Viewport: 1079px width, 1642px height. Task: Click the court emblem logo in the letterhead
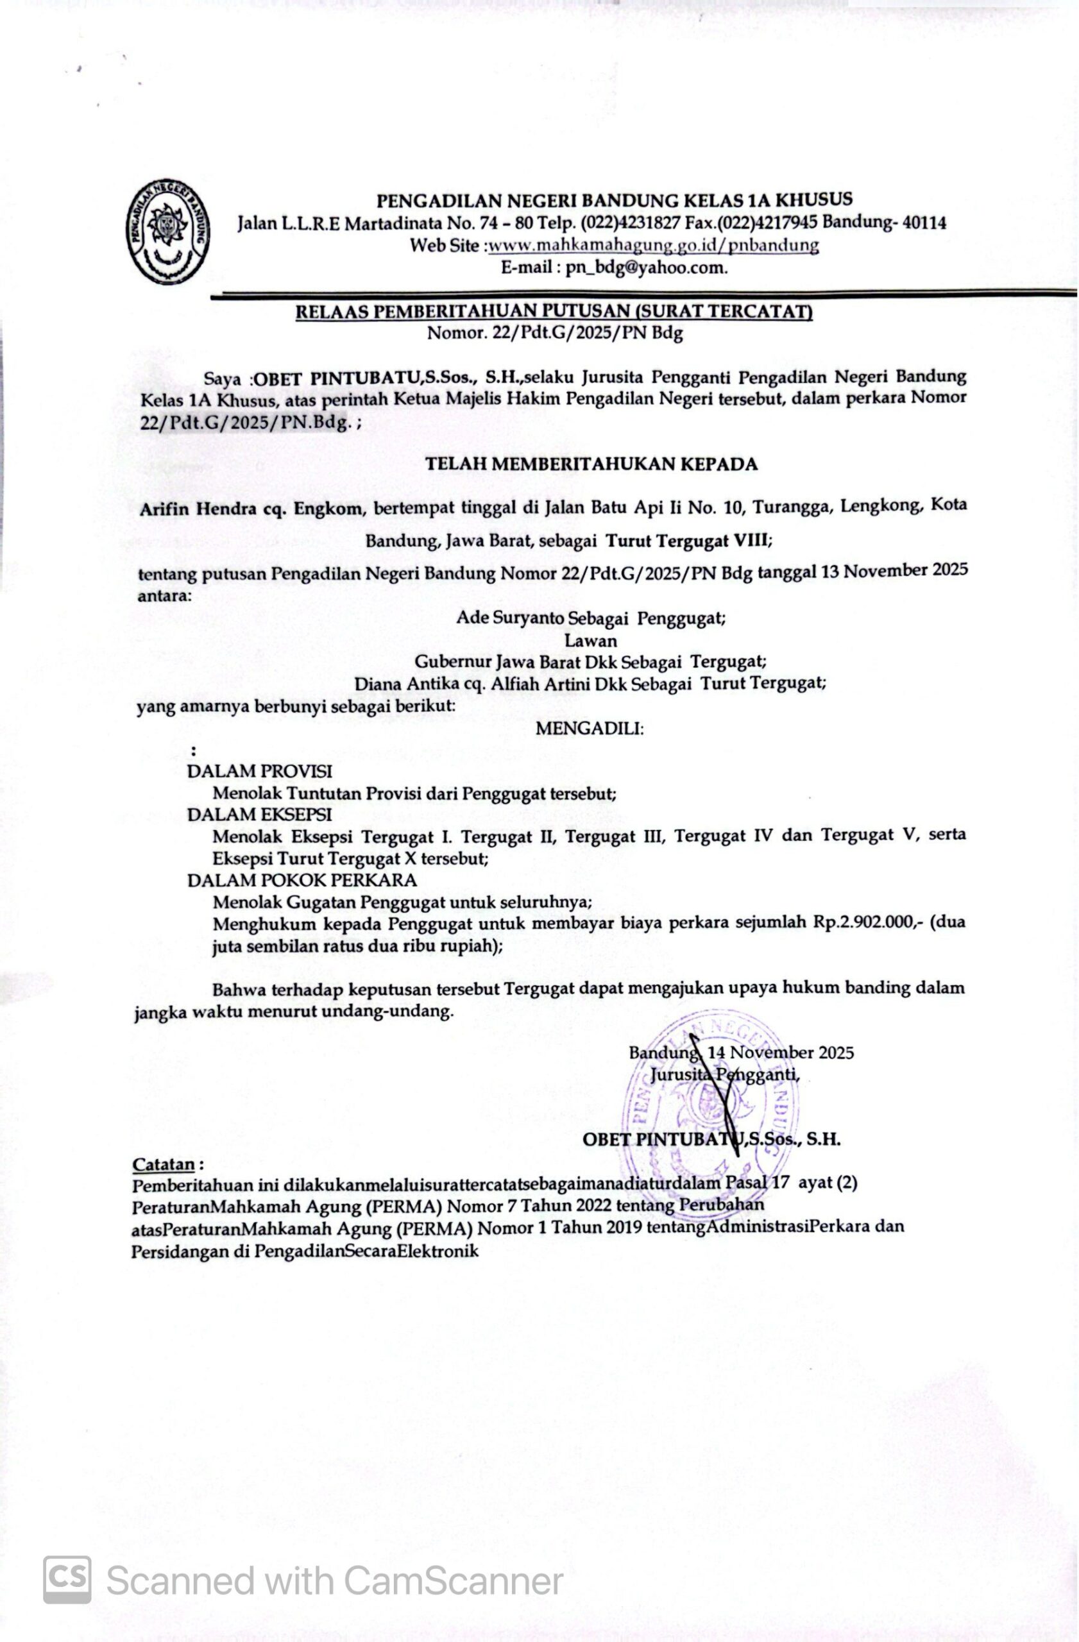[x=167, y=232]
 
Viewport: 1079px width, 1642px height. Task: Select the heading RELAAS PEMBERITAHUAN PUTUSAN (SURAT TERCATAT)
[x=554, y=312]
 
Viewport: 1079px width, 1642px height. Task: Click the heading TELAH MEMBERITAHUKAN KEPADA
[x=591, y=464]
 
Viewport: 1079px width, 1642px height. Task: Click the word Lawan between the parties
[x=591, y=639]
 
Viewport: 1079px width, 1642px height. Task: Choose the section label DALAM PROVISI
[x=259, y=772]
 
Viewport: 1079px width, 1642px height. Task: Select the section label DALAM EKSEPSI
[x=259, y=815]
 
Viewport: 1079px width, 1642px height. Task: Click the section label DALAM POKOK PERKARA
[x=302, y=881]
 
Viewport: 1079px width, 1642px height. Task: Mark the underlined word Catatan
[x=164, y=1165]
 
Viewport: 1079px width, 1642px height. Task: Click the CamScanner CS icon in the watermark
[x=67, y=1579]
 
